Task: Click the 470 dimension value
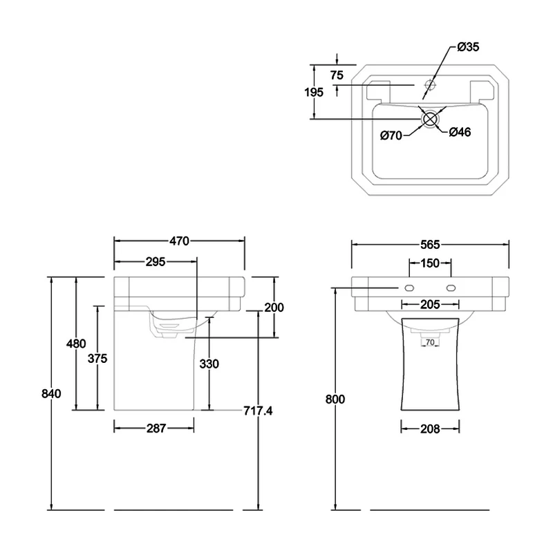coord(178,241)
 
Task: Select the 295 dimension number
coord(155,261)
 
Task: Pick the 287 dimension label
coord(156,429)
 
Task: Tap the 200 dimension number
coord(275,308)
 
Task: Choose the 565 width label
coord(431,244)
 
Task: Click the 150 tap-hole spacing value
coord(430,263)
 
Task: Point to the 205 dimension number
coord(430,304)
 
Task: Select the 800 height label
coord(336,400)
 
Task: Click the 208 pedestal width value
coord(430,429)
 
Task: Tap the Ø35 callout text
coord(468,47)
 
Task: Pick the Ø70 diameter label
coord(391,135)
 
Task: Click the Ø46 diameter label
coord(460,132)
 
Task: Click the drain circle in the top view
coord(430,118)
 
